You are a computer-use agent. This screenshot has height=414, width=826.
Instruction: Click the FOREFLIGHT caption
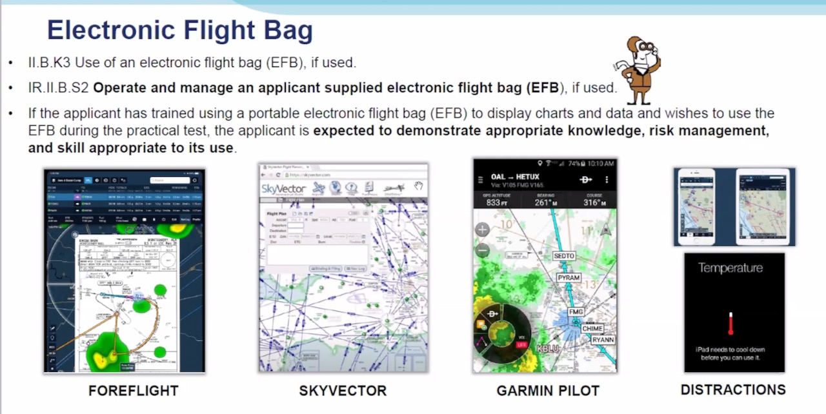click(x=133, y=391)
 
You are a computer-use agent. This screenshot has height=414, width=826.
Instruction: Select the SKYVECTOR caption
click(x=342, y=391)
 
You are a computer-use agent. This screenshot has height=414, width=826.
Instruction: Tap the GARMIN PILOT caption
click(x=547, y=391)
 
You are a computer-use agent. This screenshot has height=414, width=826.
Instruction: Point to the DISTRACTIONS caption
click(x=733, y=389)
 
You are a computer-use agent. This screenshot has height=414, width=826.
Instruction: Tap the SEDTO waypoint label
click(x=563, y=256)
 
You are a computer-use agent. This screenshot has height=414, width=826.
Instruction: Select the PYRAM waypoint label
click(x=569, y=278)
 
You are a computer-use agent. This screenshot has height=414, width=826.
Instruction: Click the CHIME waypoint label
click(x=592, y=328)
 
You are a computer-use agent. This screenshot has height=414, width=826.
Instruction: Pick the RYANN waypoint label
click(x=603, y=340)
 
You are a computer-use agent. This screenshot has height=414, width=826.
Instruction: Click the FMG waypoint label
click(x=576, y=312)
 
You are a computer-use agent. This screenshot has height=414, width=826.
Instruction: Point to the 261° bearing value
click(x=545, y=202)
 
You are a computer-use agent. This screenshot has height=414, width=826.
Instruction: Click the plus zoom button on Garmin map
click(x=482, y=230)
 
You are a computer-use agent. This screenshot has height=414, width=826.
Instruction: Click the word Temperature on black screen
click(x=730, y=268)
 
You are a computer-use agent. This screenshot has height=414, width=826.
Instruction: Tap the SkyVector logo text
click(x=283, y=189)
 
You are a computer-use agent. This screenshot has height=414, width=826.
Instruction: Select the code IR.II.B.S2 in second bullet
click(x=58, y=87)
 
